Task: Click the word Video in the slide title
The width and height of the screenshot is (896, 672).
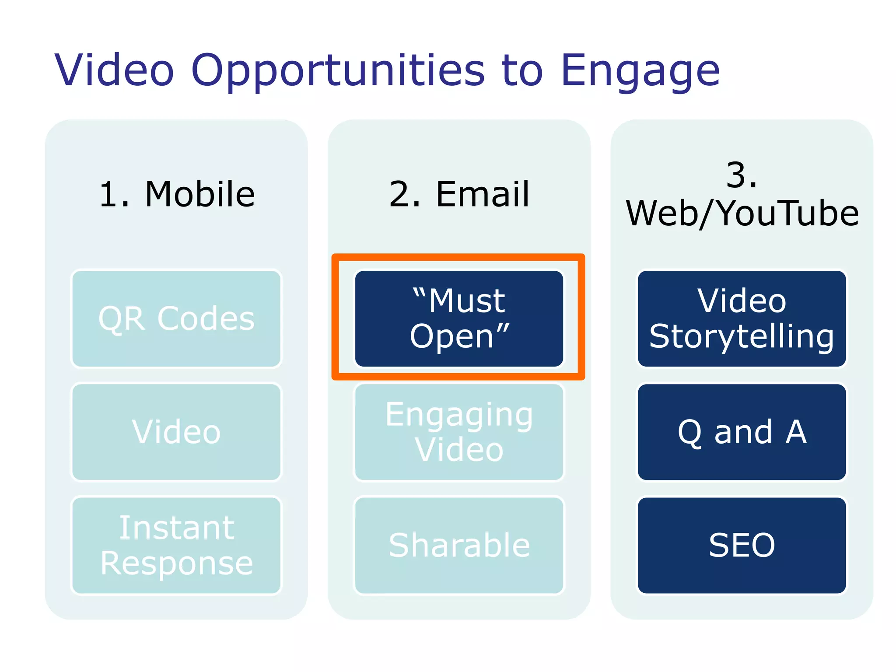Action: tap(115, 70)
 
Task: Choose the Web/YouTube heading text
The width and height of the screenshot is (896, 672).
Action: tap(742, 213)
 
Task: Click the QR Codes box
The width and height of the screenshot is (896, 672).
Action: tap(176, 318)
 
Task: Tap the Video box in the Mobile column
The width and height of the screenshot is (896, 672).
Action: tap(176, 432)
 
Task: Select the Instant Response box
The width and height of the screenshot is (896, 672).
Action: tap(176, 545)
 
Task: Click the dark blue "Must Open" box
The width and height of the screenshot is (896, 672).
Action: tap(459, 318)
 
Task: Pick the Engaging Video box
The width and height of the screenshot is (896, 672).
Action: tap(459, 432)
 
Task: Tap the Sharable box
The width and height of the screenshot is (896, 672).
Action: tap(459, 545)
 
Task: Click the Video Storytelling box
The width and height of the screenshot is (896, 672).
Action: tap(742, 318)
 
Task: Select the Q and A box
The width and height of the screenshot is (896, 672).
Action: tap(742, 432)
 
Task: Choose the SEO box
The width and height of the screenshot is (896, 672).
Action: tap(742, 545)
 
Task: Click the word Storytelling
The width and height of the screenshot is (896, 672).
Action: tap(742, 336)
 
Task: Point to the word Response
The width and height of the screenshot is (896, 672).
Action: tap(176, 563)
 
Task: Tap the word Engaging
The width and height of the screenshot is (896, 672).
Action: tap(459, 415)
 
